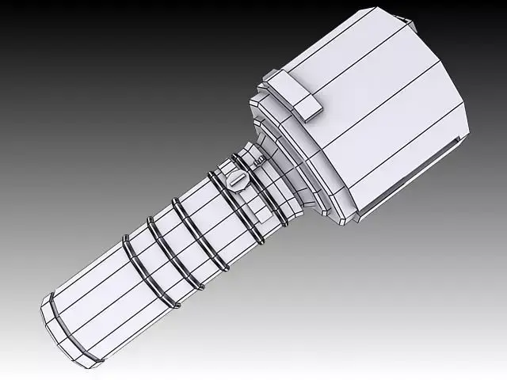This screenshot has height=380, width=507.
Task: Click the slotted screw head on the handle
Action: point(238,180)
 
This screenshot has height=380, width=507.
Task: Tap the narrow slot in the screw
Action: point(238,180)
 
